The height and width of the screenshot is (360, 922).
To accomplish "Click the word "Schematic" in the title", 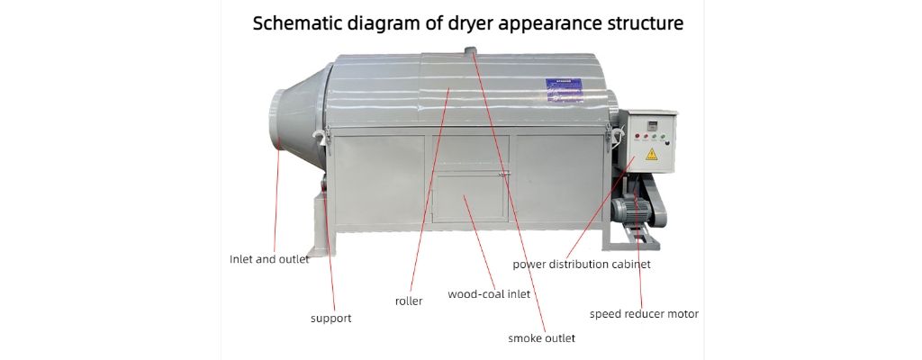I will pos(296,23).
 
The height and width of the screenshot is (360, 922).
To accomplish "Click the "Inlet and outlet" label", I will pos(269,259).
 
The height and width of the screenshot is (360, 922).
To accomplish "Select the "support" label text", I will pos(330,318).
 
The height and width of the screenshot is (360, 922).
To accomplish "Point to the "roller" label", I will pos(409,301).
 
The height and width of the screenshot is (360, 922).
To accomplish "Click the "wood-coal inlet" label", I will pos(489,294).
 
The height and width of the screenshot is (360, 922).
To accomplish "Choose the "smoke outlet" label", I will pos(541,338).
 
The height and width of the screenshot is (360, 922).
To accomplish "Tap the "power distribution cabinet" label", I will pos(582,265).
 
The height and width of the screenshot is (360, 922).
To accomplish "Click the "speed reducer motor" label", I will pos(644,314).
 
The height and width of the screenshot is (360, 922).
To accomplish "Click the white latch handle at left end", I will pos(318,134).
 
